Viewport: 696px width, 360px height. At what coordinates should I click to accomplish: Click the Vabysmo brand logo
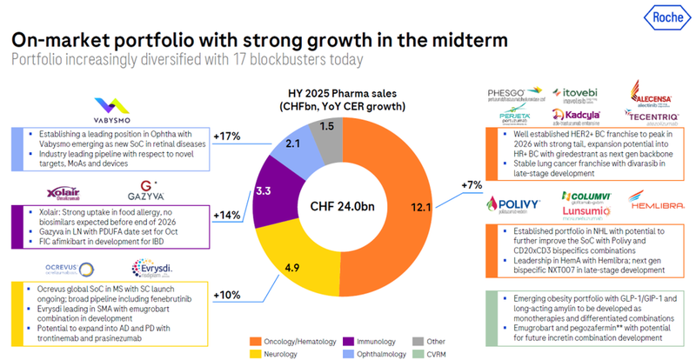123,114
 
